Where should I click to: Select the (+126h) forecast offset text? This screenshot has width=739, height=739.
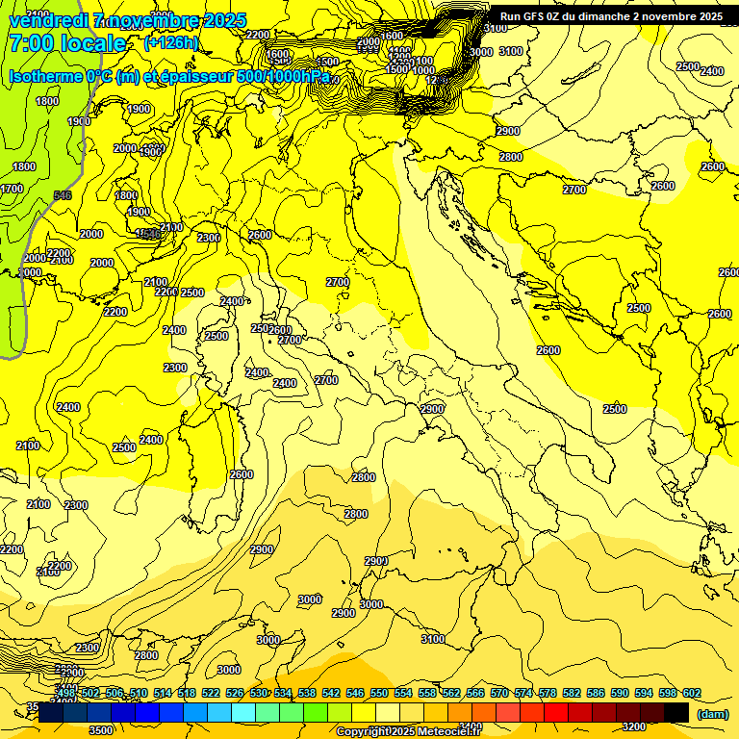click(x=171, y=43)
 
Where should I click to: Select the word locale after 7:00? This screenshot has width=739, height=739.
click(x=93, y=43)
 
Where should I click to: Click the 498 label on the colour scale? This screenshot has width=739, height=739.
click(x=66, y=694)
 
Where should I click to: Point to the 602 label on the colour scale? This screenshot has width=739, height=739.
click(x=691, y=694)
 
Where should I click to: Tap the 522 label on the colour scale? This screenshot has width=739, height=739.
click(x=211, y=694)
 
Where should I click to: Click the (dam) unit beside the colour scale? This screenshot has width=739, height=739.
click(x=712, y=713)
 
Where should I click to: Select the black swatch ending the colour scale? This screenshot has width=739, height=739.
click(x=676, y=712)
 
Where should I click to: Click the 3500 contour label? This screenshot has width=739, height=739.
click(x=101, y=729)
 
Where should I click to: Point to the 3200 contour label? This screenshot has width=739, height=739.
click(x=633, y=726)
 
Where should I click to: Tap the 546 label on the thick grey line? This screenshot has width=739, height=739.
click(x=63, y=195)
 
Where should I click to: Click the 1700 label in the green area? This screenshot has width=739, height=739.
click(x=12, y=189)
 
